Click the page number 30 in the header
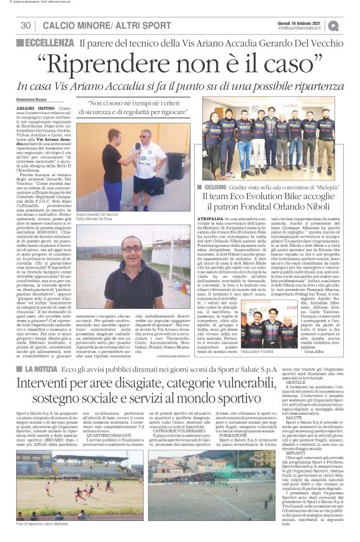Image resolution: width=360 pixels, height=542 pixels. coord(26,25)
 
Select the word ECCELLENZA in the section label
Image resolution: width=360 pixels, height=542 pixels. coord(49,42)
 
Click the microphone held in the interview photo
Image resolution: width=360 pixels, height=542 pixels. coord(137,146)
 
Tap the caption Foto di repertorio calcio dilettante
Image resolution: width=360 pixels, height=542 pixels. coord(45,523)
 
